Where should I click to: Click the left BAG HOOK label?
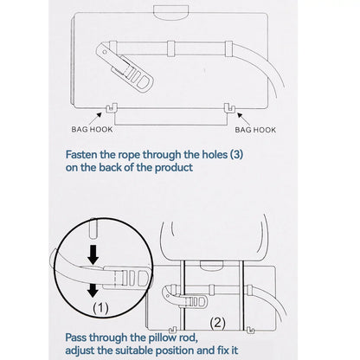[92, 129]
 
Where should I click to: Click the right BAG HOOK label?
[255, 130]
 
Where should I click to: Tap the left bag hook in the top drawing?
[112, 108]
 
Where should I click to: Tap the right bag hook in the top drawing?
[229, 107]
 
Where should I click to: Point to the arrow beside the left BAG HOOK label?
[97, 118]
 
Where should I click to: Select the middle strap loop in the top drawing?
[171, 48]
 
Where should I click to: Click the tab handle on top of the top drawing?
[171, 13]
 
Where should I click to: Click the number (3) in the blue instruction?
[236, 155]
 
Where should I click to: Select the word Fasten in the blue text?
[81, 155]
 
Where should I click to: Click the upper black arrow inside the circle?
[93, 255]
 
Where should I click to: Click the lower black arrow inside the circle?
[93, 290]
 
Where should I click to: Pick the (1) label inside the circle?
[100, 308]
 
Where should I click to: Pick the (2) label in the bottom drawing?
[217, 323]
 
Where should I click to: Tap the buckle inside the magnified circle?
[127, 278]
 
